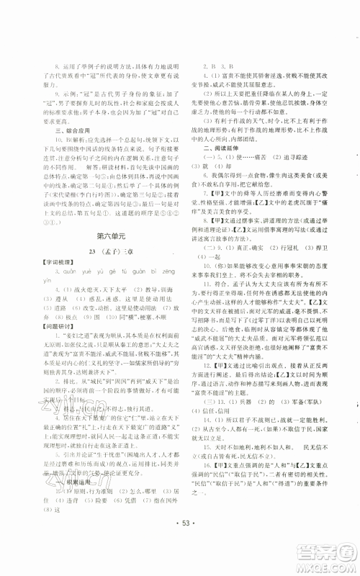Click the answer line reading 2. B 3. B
pos(212,73)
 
